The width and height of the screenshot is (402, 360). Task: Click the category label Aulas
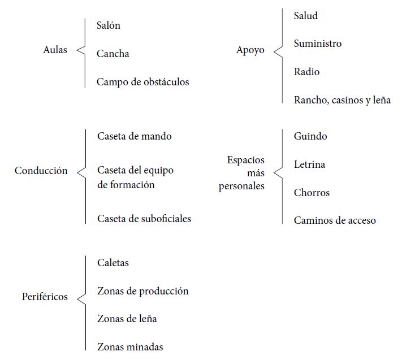click(55, 50)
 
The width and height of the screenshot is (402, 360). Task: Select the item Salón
click(109, 25)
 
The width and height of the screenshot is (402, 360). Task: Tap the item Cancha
click(113, 54)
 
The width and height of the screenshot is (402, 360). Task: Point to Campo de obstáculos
click(143, 82)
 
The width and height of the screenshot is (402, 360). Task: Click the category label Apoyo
click(250, 50)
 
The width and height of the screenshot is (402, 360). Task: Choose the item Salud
click(306, 16)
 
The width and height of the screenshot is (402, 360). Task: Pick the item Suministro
click(318, 44)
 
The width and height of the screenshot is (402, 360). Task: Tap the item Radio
click(306, 72)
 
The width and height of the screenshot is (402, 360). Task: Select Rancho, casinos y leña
click(343, 100)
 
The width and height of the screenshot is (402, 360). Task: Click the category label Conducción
click(41, 171)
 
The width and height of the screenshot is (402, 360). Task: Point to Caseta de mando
click(135, 136)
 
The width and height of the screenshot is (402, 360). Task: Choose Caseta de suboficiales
click(144, 219)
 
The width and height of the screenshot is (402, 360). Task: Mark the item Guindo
click(310, 136)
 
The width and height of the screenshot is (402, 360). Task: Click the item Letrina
click(309, 164)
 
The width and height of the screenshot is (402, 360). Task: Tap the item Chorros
click(312, 193)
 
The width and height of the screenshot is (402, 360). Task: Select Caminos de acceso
click(335, 220)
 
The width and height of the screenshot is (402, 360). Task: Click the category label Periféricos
click(45, 297)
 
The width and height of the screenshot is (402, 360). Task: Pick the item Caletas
click(113, 263)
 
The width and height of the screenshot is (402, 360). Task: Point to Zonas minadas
click(130, 347)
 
